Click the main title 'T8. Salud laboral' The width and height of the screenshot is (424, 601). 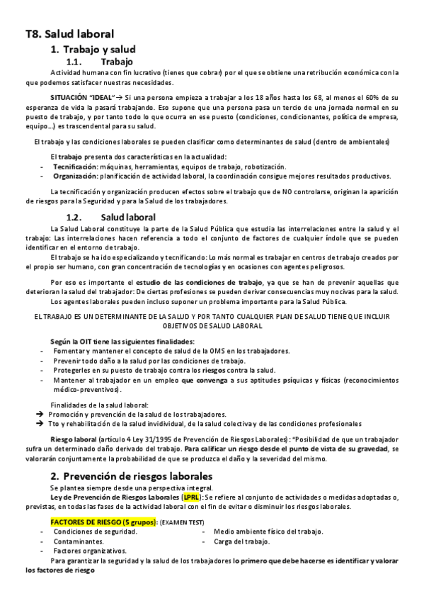[x=69, y=33]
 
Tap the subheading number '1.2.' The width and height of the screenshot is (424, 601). [x=75, y=216]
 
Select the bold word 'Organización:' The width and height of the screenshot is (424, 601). [x=76, y=176]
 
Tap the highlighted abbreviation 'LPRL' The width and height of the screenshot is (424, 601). [x=191, y=498]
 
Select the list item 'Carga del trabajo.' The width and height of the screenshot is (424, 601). [x=241, y=541]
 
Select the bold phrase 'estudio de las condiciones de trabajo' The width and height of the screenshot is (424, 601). [x=196, y=282]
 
